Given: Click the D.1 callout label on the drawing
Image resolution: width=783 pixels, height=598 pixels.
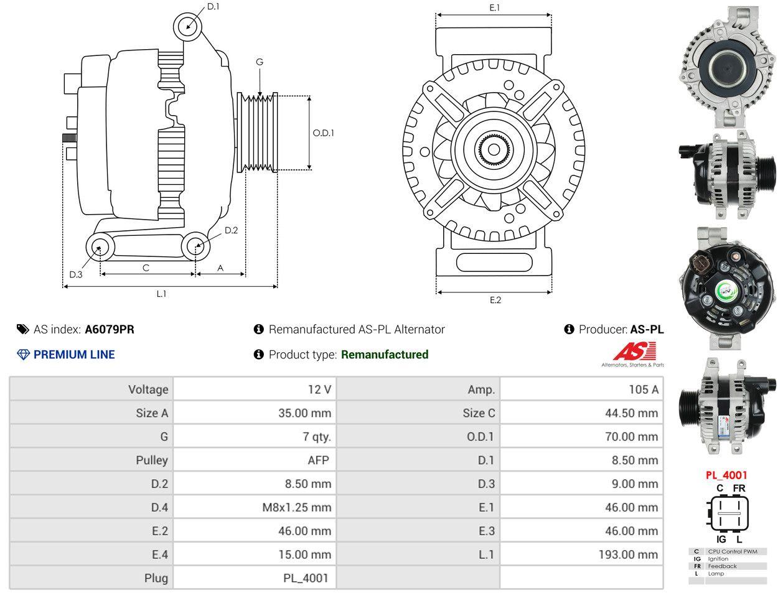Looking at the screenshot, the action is click(213, 6).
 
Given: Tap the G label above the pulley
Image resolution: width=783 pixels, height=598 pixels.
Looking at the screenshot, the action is click(260, 62).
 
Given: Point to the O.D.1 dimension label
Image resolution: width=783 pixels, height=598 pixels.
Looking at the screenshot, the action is click(323, 133).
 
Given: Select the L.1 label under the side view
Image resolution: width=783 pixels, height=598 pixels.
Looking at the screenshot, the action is click(161, 294).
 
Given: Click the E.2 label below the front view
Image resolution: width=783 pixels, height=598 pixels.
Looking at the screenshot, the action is click(495, 301).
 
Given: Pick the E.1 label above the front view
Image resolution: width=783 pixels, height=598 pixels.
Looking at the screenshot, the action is click(494, 8).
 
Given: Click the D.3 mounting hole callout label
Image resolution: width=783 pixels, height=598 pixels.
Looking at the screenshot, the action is click(76, 274).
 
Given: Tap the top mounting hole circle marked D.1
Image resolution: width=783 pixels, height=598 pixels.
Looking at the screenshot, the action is click(187, 27).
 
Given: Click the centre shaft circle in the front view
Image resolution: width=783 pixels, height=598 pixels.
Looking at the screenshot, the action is click(494, 150).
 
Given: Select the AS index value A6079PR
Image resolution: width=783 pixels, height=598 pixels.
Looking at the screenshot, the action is click(110, 329).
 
